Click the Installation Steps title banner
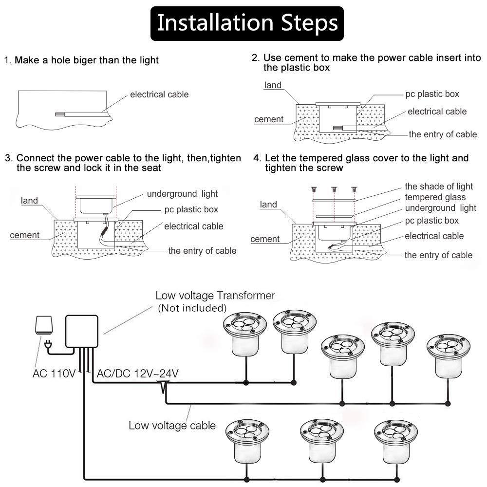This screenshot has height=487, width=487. tap(247, 23)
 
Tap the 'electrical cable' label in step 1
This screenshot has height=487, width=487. tap(159, 94)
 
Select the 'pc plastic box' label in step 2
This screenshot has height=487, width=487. tap(432, 94)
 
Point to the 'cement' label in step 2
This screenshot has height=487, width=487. tap(269, 119)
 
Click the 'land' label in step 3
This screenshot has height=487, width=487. tap(30, 201)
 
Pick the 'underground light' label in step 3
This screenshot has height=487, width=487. tap(182, 194)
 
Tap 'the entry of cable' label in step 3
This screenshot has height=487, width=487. tap(202, 251)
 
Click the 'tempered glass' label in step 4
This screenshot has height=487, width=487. tap(435, 197)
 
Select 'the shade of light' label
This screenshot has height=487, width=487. tap(439, 187)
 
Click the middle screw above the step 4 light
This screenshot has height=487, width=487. tap(335, 189)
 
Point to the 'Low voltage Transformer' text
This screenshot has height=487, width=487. tap(215, 296)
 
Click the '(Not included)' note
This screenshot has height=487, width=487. tap(192, 308)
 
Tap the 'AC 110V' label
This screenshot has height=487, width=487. tap(54, 374)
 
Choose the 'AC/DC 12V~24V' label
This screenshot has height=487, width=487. tap(138, 374)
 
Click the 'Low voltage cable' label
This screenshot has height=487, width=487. tap(172, 426)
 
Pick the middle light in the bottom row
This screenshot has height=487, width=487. tap(322, 440)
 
